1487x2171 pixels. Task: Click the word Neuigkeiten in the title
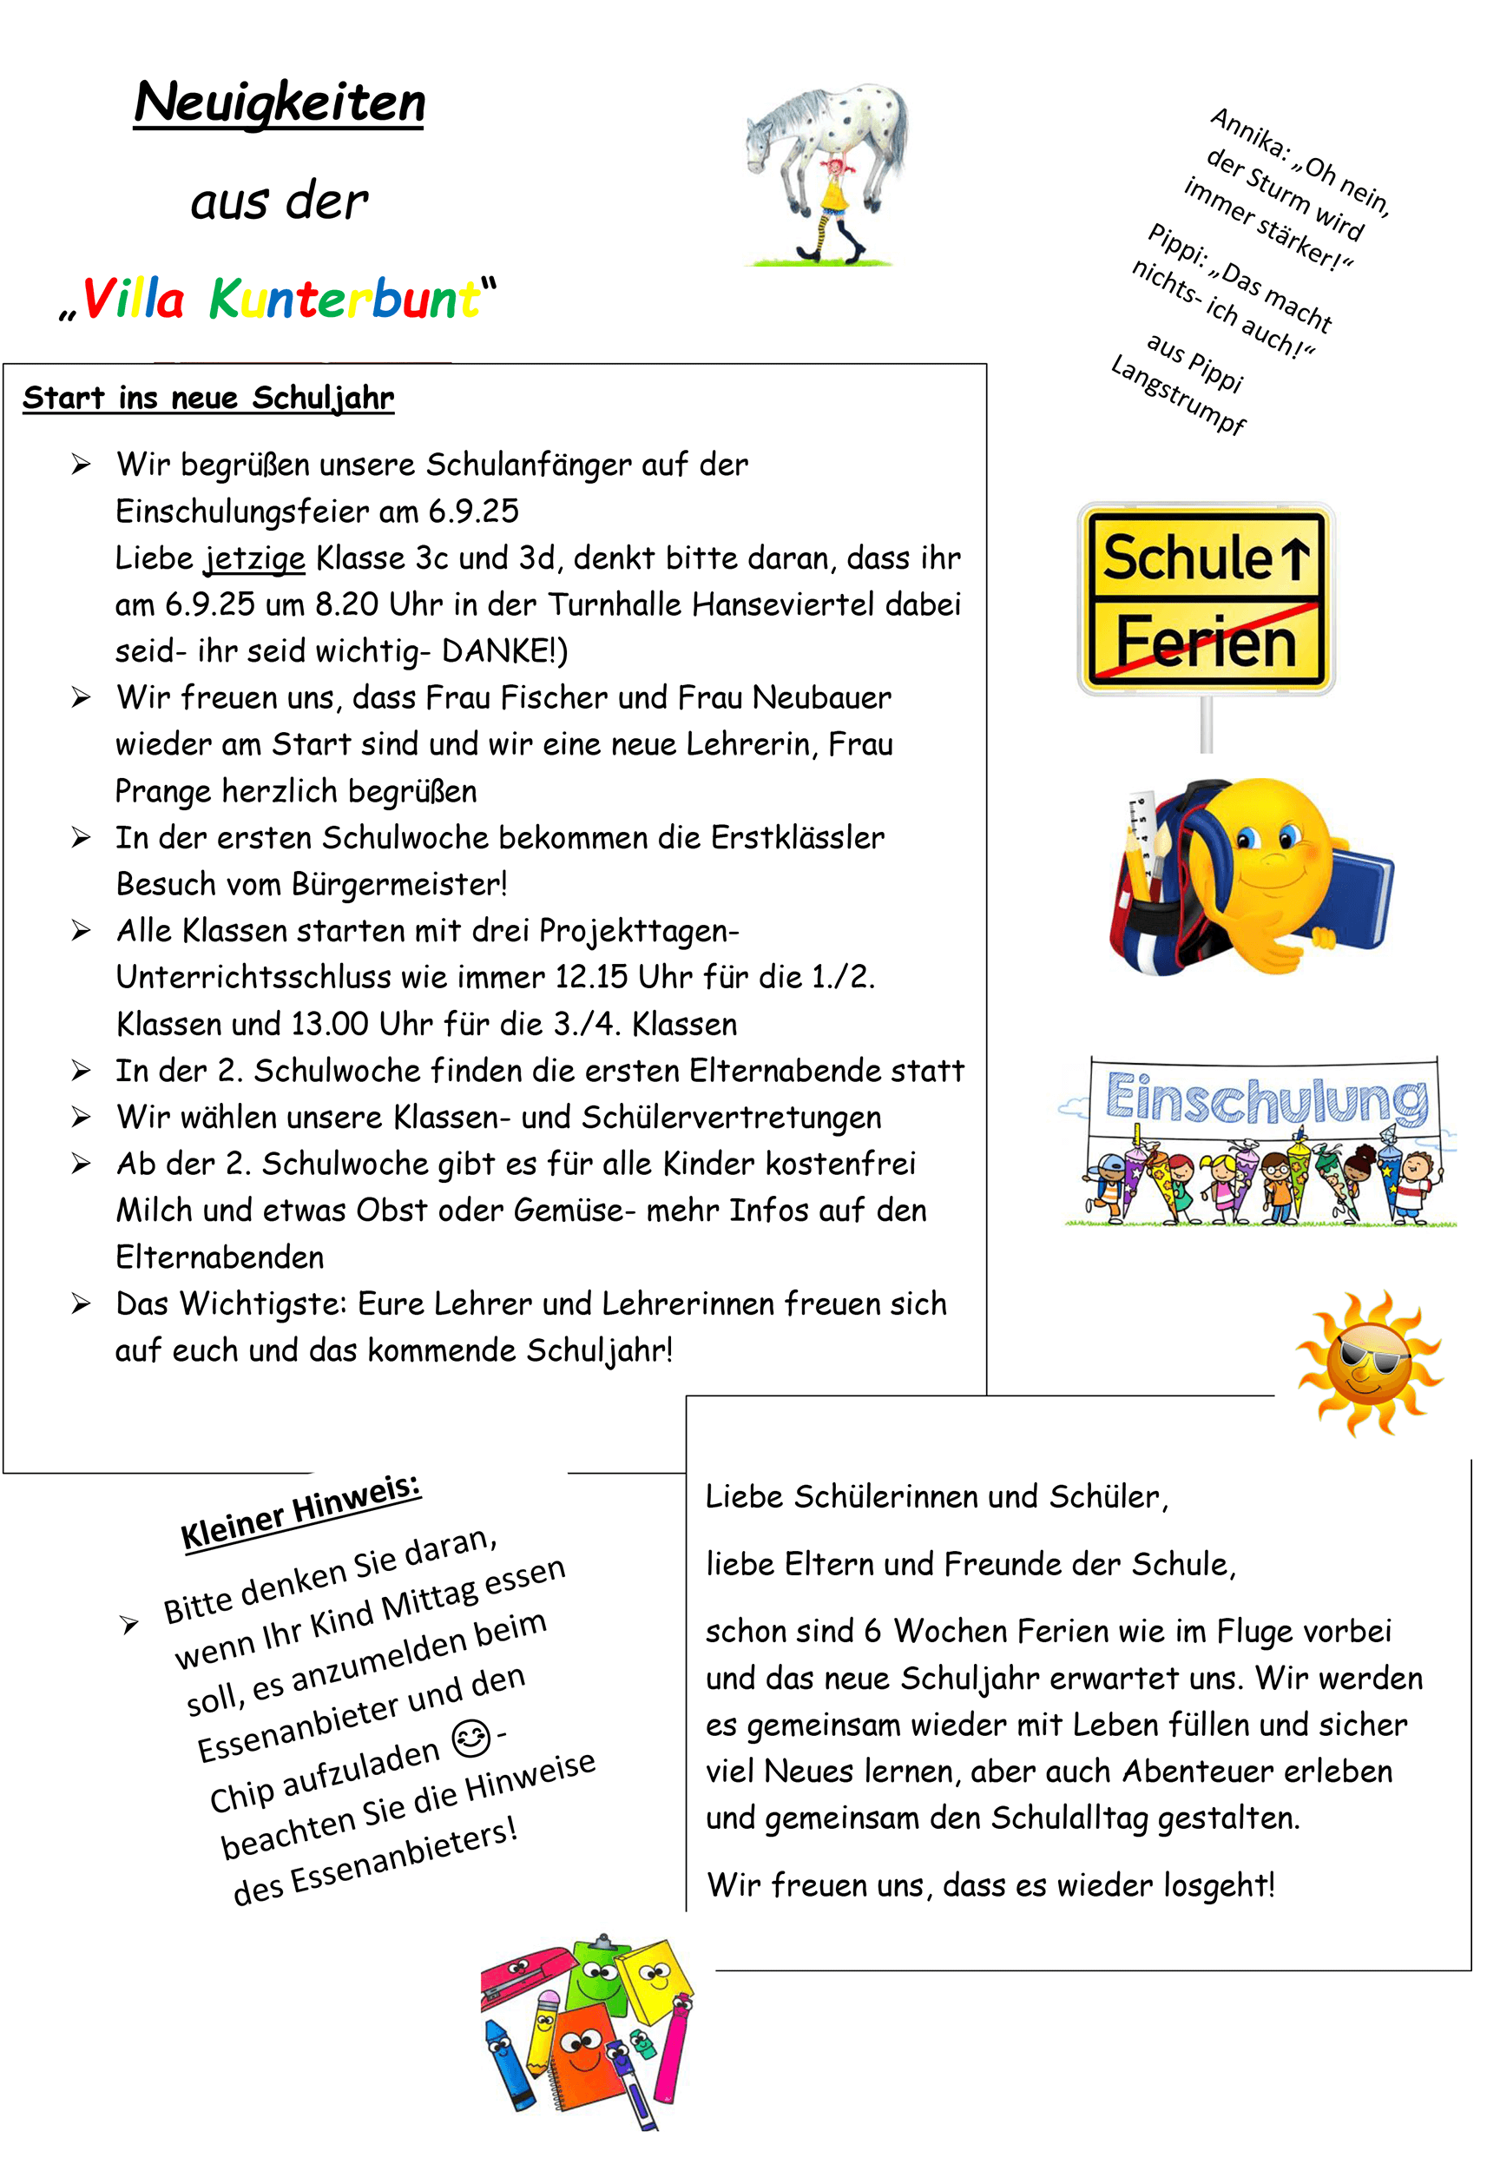click(x=280, y=102)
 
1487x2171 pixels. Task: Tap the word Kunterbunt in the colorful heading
click(x=344, y=300)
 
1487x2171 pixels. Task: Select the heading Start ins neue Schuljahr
click(x=208, y=398)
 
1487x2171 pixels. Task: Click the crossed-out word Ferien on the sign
click(x=1206, y=643)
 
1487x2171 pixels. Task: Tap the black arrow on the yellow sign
click(x=1293, y=558)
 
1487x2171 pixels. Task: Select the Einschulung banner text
click(x=1266, y=1099)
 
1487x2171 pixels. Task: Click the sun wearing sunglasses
click(x=1368, y=1362)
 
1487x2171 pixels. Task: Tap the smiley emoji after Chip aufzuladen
click(x=470, y=1738)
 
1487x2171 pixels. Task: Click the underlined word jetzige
click(x=255, y=558)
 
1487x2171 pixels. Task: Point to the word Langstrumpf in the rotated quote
click(x=1178, y=394)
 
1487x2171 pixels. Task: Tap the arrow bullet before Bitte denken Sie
click(x=130, y=1625)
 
